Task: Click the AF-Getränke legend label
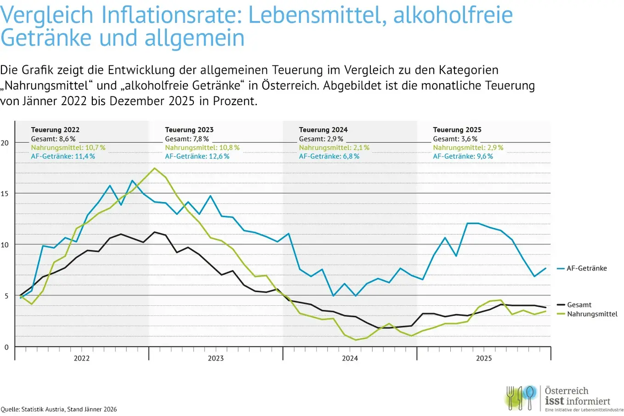(x=586, y=268)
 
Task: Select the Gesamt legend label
(x=579, y=305)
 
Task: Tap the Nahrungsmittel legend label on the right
(x=592, y=314)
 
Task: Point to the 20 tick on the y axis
(x=5, y=143)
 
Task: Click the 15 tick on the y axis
(x=5, y=194)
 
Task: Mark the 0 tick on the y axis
(x=6, y=347)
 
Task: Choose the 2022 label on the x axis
(x=82, y=358)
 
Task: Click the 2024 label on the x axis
(x=350, y=358)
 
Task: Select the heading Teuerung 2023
(x=189, y=130)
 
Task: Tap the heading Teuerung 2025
(x=457, y=130)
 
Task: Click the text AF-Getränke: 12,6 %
(x=197, y=157)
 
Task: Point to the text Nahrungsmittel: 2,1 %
(x=334, y=148)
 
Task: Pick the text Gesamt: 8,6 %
(x=53, y=139)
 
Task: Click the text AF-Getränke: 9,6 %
(x=463, y=157)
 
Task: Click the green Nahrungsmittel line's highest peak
(x=154, y=168)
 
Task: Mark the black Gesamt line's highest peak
(x=154, y=232)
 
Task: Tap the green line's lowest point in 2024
(x=356, y=340)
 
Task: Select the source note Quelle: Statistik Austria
(x=59, y=409)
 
